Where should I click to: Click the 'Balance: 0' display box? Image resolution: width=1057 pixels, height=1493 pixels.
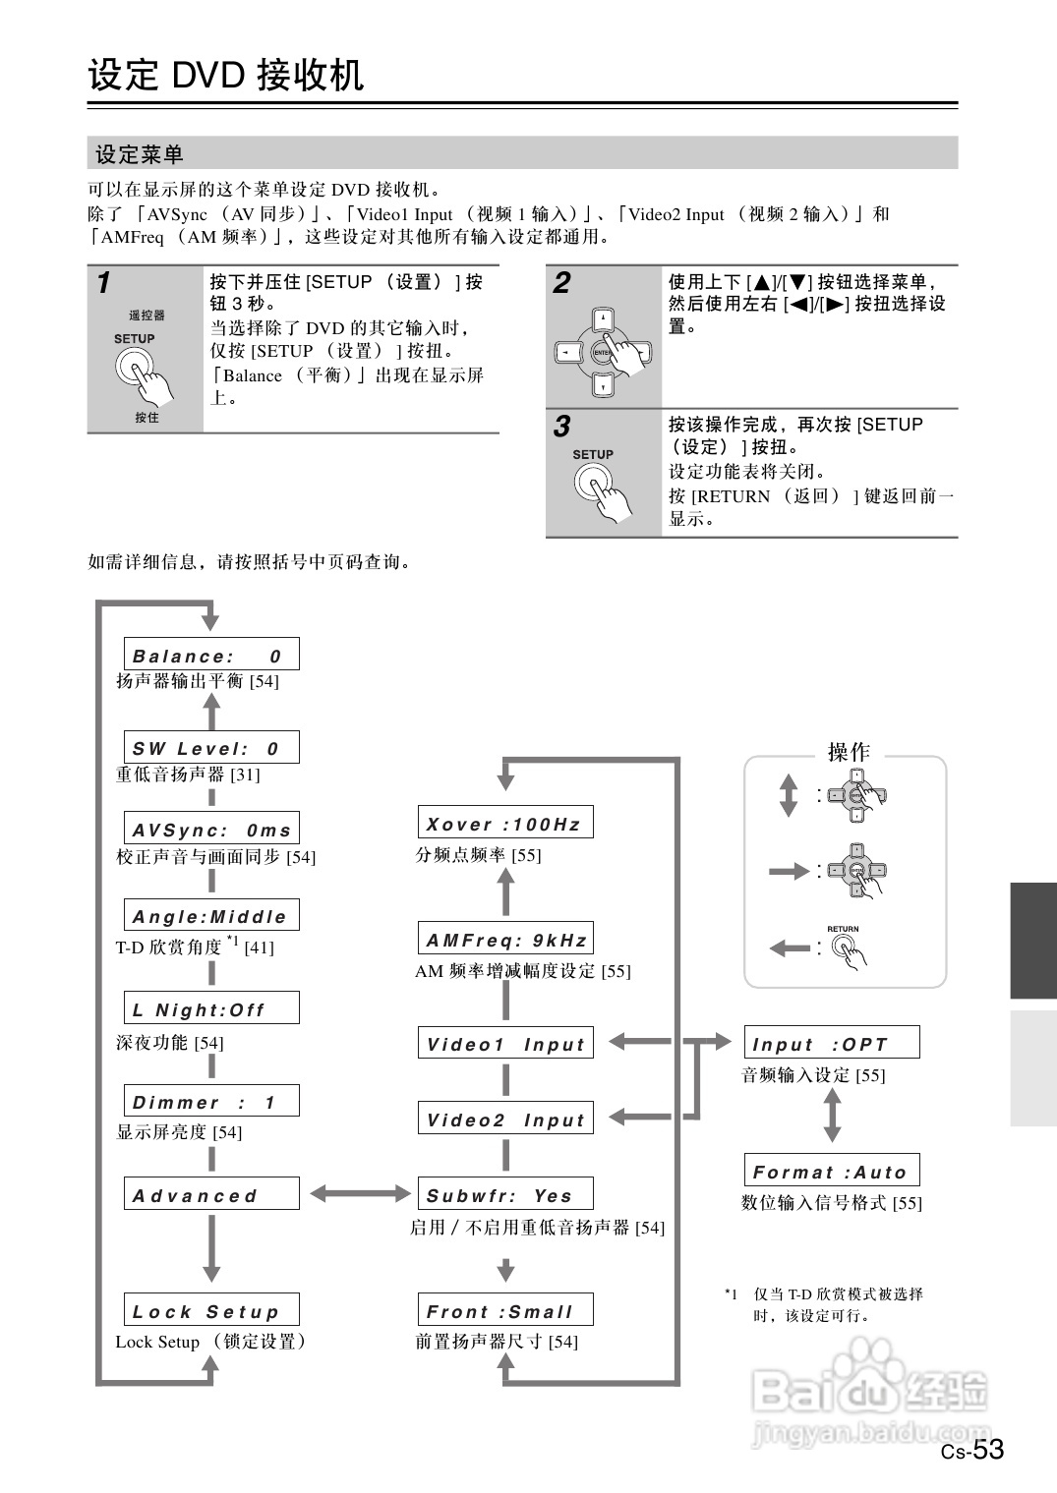[x=211, y=655]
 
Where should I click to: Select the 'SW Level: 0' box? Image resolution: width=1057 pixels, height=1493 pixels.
[x=211, y=748]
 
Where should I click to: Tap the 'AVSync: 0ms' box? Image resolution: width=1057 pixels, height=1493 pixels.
[x=211, y=829]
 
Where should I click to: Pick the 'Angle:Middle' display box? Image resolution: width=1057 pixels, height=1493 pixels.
[x=211, y=916]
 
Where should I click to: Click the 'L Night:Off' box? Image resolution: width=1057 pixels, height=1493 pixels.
[x=211, y=1008]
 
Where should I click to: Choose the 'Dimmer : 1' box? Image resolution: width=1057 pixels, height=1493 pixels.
[x=211, y=1102]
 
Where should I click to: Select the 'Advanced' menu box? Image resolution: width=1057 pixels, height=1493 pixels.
[x=211, y=1194]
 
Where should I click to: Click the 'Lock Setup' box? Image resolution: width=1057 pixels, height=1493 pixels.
[x=211, y=1310]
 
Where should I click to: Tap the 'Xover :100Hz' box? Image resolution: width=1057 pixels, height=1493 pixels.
[x=505, y=823]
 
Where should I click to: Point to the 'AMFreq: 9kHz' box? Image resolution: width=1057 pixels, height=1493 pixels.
[x=505, y=940]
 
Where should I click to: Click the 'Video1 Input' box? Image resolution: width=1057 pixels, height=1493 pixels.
[x=505, y=1044]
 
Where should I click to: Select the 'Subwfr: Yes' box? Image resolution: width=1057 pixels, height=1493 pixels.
[x=505, y=1195]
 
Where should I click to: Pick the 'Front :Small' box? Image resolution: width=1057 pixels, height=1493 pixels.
[x=505, y=1310]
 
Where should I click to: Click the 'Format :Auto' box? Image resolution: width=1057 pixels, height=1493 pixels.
[x=832, y=1171]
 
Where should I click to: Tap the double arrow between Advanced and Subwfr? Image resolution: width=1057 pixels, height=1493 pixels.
[x=360, y=1194]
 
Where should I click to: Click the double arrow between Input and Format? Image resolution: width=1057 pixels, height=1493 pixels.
[x=832, y=1115]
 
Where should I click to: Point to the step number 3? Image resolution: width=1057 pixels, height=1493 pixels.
[x=561, y=427]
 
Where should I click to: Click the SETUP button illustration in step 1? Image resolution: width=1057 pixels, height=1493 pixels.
[x=135, y=369]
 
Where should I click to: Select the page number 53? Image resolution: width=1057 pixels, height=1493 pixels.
[x=988, y=1449]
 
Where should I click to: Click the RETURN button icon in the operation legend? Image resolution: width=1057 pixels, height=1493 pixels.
[x=843, y=947]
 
